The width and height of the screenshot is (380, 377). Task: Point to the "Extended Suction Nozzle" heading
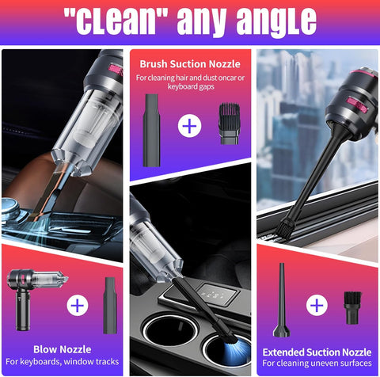pyautogui.click(x=317, y=351)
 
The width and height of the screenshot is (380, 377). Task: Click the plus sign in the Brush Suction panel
pyautogui.click(x=189, y=125)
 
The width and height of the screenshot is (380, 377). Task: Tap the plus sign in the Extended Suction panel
pyautogui.click(x=316, y=305)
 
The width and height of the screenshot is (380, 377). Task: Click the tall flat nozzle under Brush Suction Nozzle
pyautogui.click(x=151, y=128)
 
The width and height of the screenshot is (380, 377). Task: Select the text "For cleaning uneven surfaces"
pyautogui.click(x=317, y=364)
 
